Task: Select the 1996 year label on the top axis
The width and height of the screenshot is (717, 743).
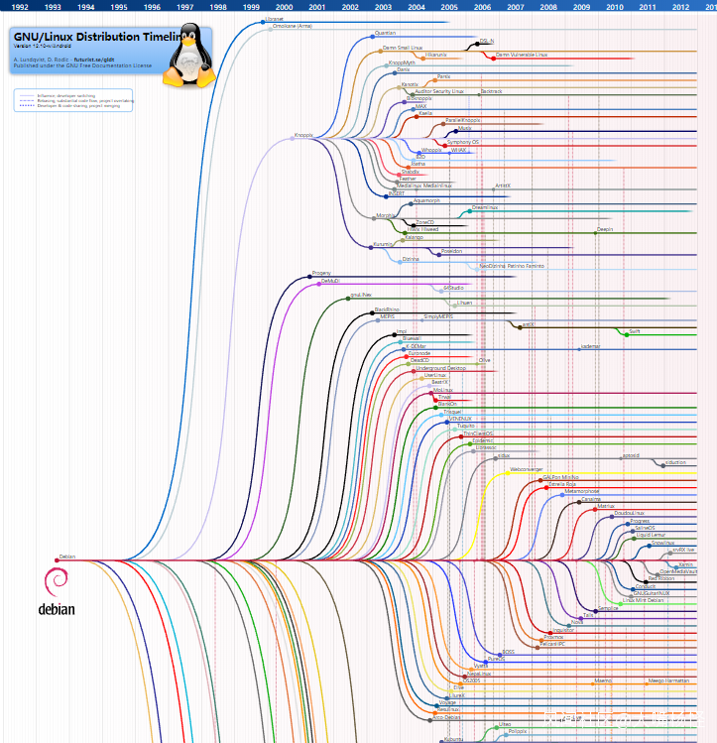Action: tap(152, 7)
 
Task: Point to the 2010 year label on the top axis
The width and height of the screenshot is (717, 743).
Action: tap(614, 7)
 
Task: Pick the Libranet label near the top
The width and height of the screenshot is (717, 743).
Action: tap(275, 18)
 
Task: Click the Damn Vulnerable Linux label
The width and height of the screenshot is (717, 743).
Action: tap(521, 55)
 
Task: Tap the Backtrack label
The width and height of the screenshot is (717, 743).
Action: tap(491, 91)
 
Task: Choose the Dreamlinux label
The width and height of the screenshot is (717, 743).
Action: tap(484, 207)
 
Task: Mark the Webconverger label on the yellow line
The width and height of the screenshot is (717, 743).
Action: tap(526, 468)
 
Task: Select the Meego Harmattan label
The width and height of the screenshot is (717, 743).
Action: tap(669, 681)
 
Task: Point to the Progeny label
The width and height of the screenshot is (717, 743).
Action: tap(321, 273)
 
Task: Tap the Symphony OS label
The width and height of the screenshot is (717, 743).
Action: tap(462, 142)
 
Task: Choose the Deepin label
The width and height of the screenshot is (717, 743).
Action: tap(605, 229)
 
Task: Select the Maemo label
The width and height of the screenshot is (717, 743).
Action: tap(603, 681)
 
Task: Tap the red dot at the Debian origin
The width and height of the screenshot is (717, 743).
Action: tap(57, 559)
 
